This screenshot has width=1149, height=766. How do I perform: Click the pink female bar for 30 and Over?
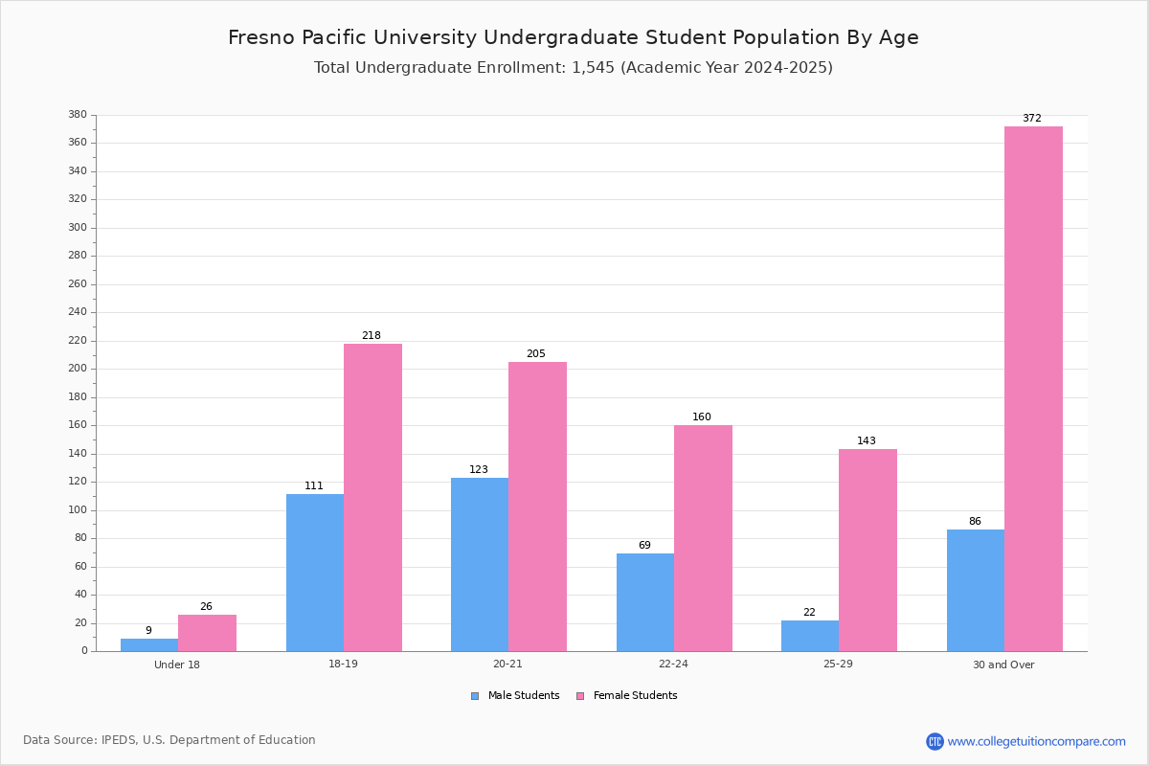tap(1033, 389)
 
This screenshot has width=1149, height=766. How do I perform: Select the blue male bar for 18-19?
tap(315, 573)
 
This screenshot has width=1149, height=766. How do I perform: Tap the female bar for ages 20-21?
tap(537, 507)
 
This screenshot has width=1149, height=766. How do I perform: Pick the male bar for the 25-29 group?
tap(810, 636)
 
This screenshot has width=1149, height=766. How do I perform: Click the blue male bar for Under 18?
tap(149, 645)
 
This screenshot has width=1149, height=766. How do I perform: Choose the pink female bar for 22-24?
tap(703, 538)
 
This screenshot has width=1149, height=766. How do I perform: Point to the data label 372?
tap(1032, 118)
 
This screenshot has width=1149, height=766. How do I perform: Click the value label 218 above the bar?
tap(372, 335)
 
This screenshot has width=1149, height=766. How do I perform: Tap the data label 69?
tap(644, 545)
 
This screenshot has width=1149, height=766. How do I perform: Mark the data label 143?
tap(867, 440)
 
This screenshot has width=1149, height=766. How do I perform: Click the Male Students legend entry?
tap(515, 696)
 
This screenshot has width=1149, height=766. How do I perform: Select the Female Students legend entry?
tap(627, 696)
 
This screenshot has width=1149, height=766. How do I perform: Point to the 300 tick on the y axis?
tap(78, 227)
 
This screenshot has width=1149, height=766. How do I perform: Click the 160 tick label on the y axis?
tap(78, 425)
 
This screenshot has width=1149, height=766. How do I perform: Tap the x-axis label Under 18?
tap(177, 665)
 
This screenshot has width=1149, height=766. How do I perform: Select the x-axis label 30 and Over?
tap(1003, 665)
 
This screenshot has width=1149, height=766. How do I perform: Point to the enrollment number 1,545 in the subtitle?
tap(593, 68)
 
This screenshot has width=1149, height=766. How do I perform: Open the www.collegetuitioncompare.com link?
tap(1036, 741)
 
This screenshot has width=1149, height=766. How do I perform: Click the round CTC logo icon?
tap(935, 741)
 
